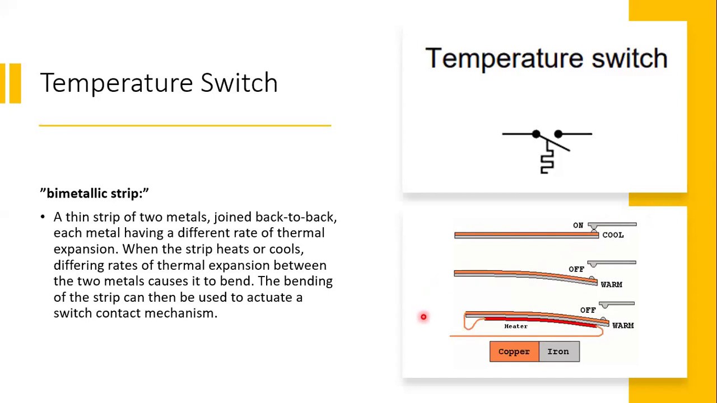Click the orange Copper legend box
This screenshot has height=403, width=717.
click(514, 352)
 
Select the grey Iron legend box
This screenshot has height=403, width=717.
click(558, 352)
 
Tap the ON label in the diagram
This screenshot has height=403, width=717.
click(578, 225)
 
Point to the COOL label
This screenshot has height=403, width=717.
click(613, 235)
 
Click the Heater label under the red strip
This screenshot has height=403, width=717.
click(515, 326)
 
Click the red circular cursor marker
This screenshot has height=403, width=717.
click(423, 317)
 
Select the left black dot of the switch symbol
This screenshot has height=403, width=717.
click(536, 134)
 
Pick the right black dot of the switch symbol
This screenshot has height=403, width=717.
click(558, 134)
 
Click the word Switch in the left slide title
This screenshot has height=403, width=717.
click(239, 83)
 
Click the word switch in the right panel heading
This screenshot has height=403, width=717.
click(629, 58)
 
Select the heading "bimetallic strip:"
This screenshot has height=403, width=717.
click(94, 194)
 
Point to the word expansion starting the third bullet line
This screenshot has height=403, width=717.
click(86, 249)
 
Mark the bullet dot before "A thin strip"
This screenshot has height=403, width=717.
click(43, 217)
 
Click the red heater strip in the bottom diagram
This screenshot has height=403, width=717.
click(538, 321)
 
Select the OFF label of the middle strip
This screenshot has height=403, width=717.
click(576, 269)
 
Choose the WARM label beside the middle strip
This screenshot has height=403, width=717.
click(611, 285)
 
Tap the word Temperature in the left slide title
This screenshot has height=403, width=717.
click(117, 83)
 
